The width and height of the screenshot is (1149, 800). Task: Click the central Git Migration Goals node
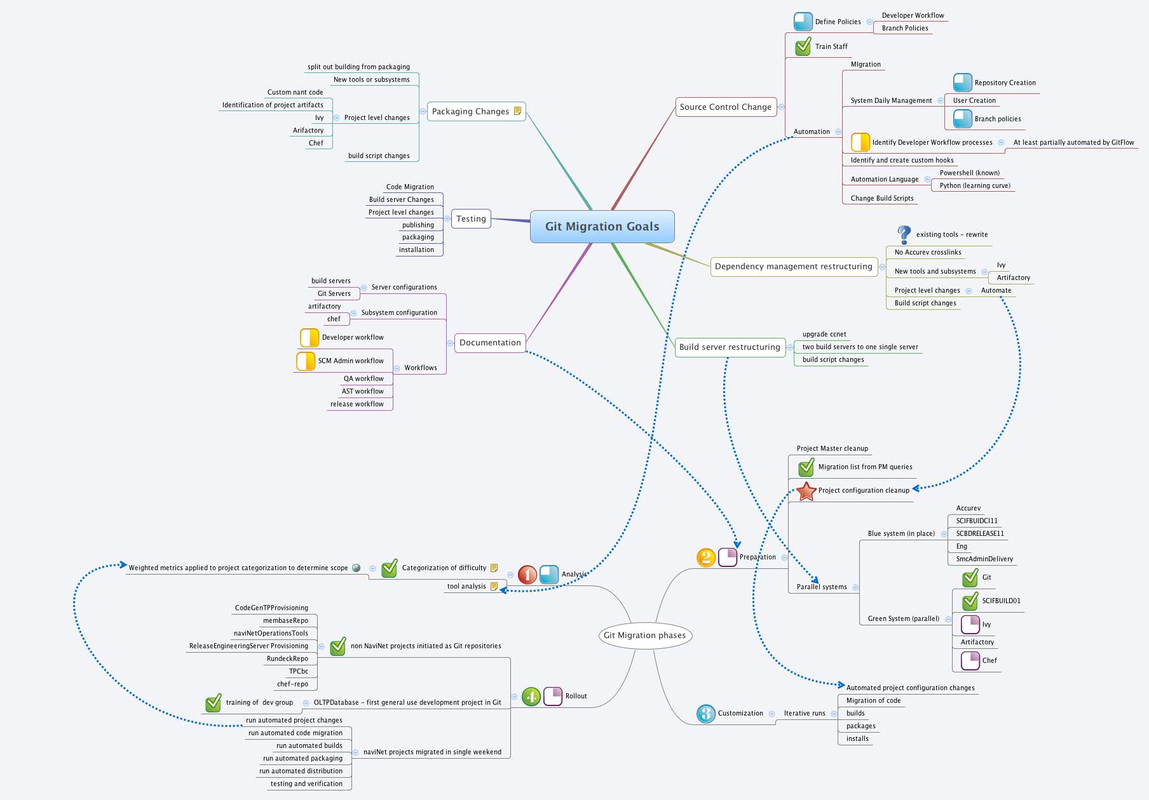tap(602, 227)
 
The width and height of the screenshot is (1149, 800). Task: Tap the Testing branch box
tap(471, 219)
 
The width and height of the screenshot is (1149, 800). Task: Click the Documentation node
tap(490, 343)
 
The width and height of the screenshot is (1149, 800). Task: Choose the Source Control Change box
tap(725, 107)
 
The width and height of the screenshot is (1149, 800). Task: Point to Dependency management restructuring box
tap(793, 267)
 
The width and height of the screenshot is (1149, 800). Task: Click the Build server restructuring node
tap(730, 347)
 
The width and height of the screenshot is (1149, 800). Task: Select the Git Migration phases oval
tap(644, 636)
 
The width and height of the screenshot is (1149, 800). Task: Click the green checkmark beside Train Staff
tap(803, 46)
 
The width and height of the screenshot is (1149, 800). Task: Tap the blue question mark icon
tap(904, 234)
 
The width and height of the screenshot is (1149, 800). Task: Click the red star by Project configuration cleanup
tap(806, 491)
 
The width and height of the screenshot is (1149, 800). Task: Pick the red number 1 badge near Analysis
tap(527, 575)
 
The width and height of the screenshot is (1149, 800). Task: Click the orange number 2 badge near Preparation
tap(706, 557)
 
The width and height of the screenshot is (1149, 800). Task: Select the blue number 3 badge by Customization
tap(705, 714)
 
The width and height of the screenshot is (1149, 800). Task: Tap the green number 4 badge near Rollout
tap(531, 697)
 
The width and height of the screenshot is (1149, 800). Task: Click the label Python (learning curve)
tap(975, 186)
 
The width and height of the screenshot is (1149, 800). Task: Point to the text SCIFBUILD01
tap(1001, 601)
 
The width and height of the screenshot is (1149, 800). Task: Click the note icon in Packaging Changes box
tap(517, 111)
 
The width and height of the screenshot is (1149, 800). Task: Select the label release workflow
tap(357, 404)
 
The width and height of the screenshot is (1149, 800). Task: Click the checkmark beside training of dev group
tap(214, 703)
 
